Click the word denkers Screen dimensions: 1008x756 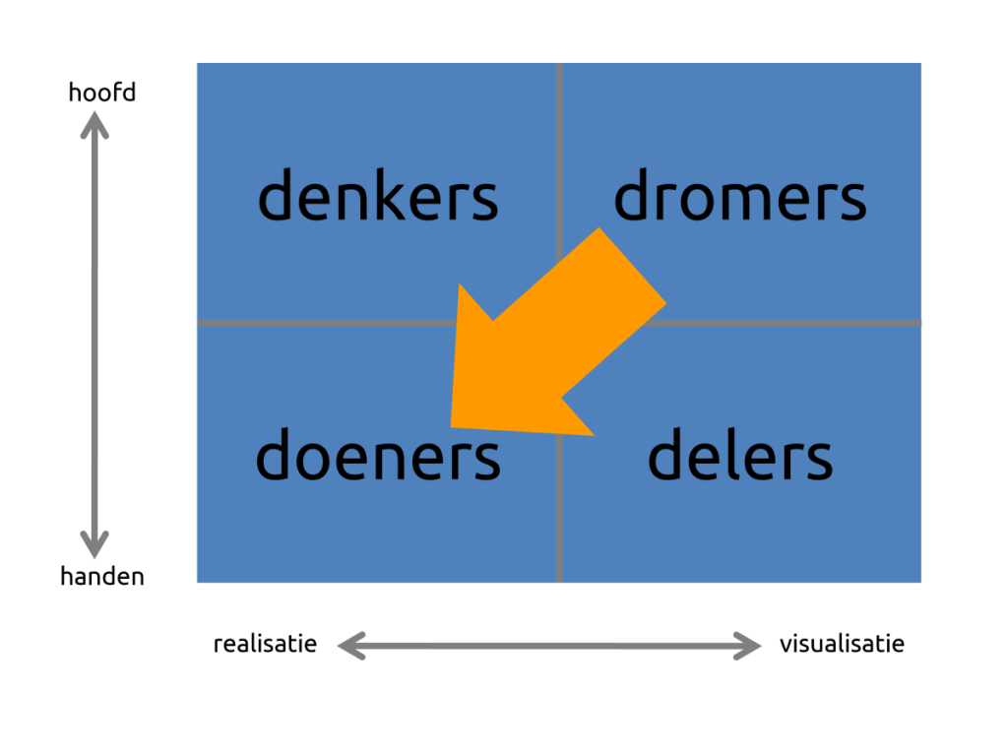[x=378, y=194]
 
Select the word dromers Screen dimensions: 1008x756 [x=740, y=194]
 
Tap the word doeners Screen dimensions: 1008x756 [x=378, y=454]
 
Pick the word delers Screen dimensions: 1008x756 [x=740, y=454]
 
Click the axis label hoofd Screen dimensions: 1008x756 [x=102, y=92]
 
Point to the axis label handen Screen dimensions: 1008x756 [x=102, y=576]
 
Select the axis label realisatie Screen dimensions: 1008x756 [x=265, y=644]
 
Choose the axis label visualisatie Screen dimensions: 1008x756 [x=843, y=644]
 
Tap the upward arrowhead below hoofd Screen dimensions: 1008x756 [x=94, y=124]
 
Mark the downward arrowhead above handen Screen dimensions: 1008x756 [x=94, y=544]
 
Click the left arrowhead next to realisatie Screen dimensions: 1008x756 [x=351, y=646]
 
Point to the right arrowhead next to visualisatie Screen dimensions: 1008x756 [x=748, y=646]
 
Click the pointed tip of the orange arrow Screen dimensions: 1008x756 [x=451, y=426]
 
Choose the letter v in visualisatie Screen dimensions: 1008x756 [x=786, y=646]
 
